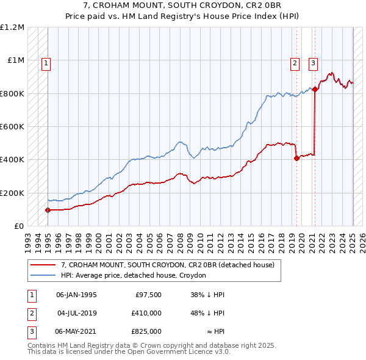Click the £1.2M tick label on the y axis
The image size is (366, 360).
pos(12,27)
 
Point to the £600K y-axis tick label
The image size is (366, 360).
pos(12,127)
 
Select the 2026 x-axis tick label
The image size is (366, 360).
pos(362,238)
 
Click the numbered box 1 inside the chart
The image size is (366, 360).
pos(47,62)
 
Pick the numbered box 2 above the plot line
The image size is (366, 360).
pos(295,62)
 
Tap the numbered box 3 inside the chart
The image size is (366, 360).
pos(314,62)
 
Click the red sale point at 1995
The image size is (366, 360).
pos(48,210)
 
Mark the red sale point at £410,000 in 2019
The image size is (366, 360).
pos(297,158)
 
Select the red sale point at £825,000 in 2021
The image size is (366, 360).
pos(315,90)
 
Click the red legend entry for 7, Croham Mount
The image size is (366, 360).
pos(168,265)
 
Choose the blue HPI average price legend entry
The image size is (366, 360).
pos(134,276)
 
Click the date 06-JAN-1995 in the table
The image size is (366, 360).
pos(76,295)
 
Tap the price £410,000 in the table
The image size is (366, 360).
pos(147,313)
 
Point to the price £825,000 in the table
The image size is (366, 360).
pos(147,331)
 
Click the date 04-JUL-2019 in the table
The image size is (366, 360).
pos(76,313)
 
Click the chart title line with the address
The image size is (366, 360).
pos(183,6)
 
